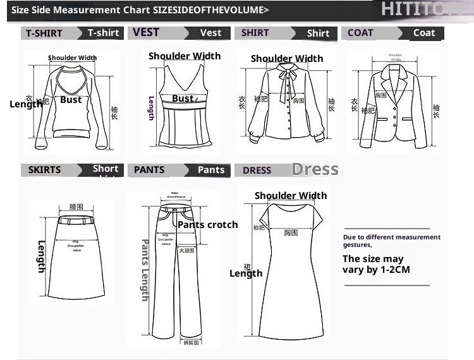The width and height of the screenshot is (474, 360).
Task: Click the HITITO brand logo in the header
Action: [423, 9]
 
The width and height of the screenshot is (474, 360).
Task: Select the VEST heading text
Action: [146, 32]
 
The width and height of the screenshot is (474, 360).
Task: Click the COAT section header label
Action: [361, 33]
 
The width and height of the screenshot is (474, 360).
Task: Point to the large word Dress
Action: [315, 169]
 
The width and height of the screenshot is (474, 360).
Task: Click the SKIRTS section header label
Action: [45, 170]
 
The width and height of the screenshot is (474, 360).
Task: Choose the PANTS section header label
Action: [149, 170]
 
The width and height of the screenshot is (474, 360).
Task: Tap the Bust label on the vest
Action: [183, 99]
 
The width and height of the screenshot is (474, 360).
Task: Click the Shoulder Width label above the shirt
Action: [287, 59]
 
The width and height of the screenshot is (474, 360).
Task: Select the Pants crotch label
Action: [208, 225]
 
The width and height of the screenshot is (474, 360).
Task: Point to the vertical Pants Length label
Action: [145, 270]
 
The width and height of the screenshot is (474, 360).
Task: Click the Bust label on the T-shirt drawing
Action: [71, 100]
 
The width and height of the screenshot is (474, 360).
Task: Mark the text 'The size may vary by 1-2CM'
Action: [376, 264]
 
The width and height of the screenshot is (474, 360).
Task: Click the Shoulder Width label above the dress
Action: [291, 196]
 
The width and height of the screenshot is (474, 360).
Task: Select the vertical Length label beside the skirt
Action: [42, 256]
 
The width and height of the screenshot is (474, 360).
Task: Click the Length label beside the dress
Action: [246, 273]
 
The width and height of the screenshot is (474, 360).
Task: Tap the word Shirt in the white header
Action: [318, 33]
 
